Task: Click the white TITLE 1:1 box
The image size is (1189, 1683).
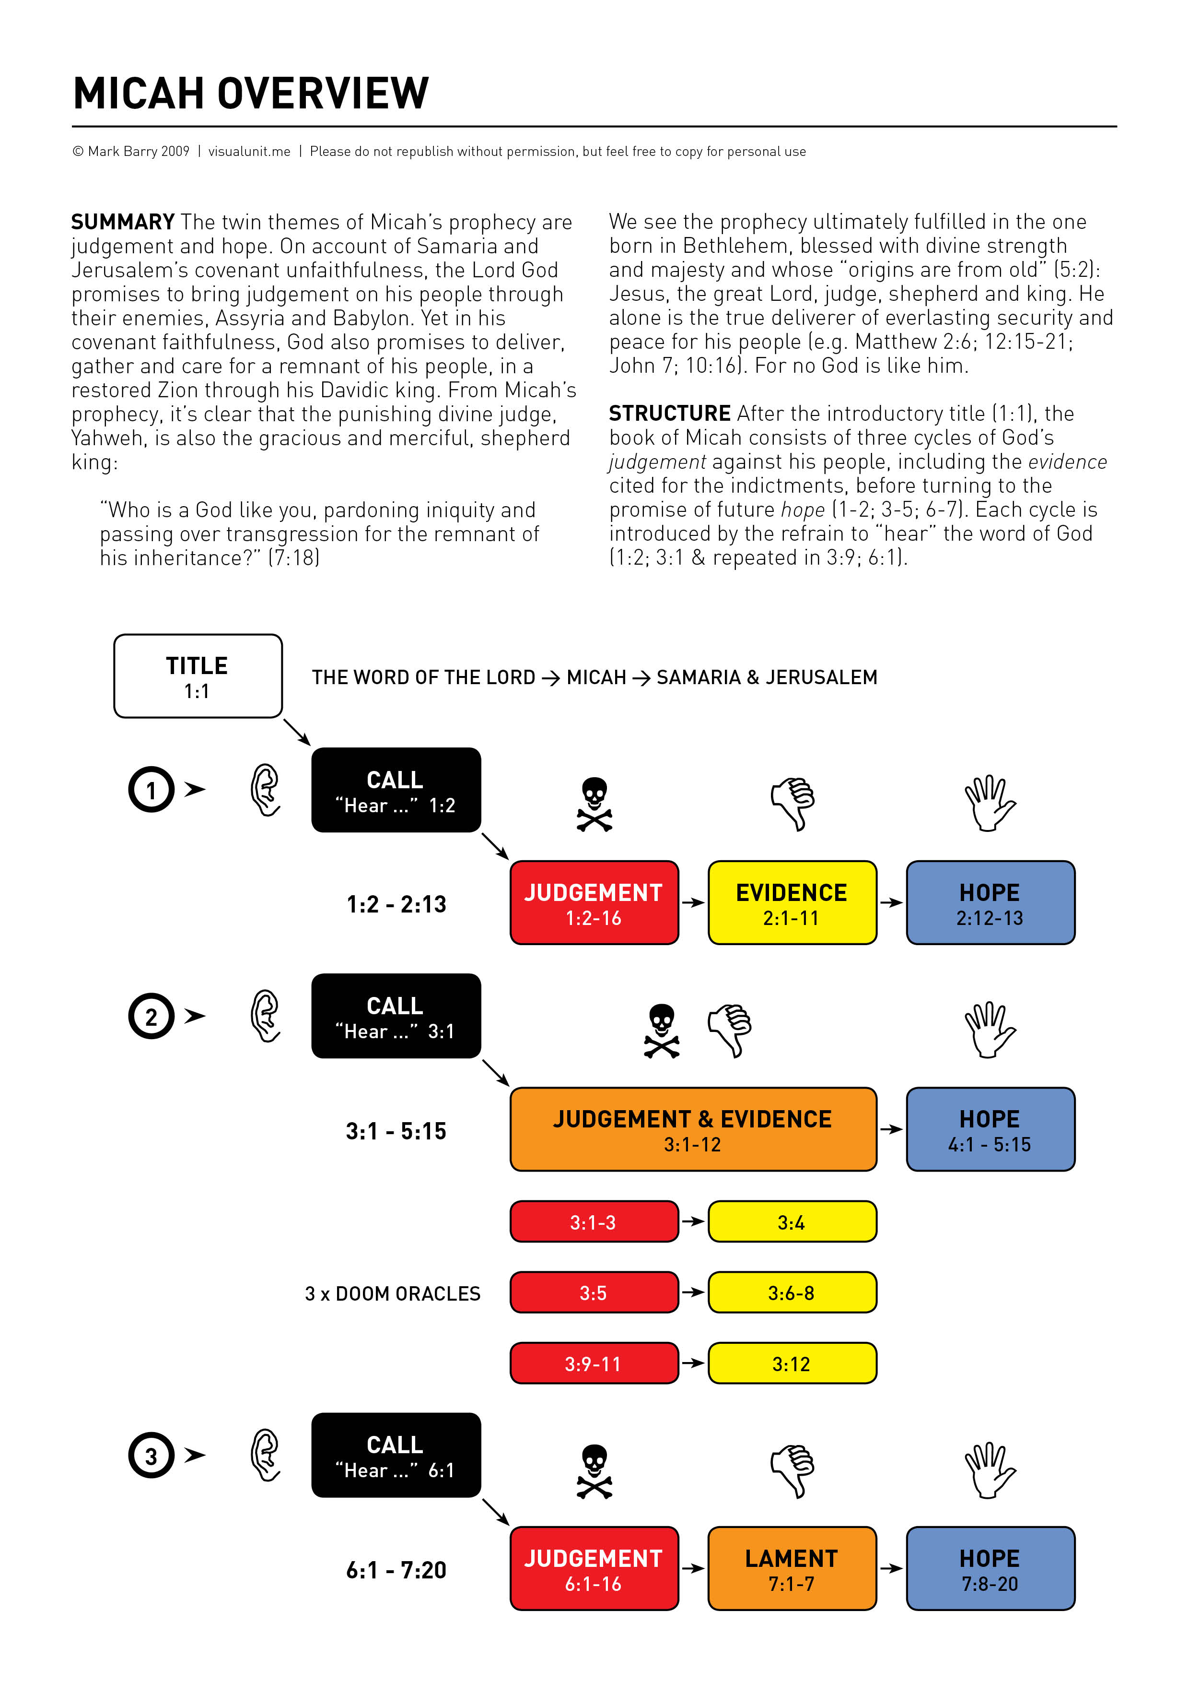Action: point(198,676)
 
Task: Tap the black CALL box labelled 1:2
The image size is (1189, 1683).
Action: point(396,790)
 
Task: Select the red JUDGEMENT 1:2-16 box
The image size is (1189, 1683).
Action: point(594,903)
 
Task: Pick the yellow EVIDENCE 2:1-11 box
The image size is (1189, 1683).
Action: point(792,903)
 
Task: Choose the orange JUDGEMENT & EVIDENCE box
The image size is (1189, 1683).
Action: point(693,1129)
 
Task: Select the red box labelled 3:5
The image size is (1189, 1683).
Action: point(594,1292)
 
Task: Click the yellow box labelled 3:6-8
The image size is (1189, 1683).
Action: point(792,1292)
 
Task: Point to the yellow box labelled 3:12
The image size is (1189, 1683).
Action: point(792,1363)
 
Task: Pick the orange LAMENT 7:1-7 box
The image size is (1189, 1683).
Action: point(792,1569)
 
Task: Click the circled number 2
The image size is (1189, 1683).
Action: point(152,1017)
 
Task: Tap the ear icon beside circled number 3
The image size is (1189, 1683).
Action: point(265,1455)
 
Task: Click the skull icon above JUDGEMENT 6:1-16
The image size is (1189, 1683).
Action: point(594,1470)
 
